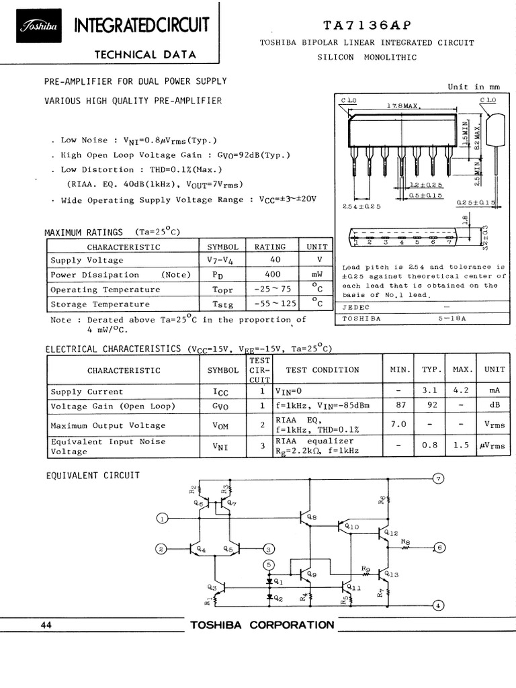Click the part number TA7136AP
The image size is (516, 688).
click(x=365, y=25)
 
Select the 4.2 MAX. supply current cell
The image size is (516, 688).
click(x=462, y=392)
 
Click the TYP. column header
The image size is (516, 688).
click(x=431, y=370)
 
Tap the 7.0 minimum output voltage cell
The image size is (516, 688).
click(x=398, y=425)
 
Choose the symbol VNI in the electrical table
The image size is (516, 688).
click(x=222, y=446)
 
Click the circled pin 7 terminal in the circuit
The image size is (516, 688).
click(x=438, y=478)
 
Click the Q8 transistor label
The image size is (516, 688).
click(x=311, y=518)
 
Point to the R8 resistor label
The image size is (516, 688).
click(x=405, y=541)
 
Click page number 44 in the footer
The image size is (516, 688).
click(x=46, y=626)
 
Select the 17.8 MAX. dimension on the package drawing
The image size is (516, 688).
click(x=402, y=106)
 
